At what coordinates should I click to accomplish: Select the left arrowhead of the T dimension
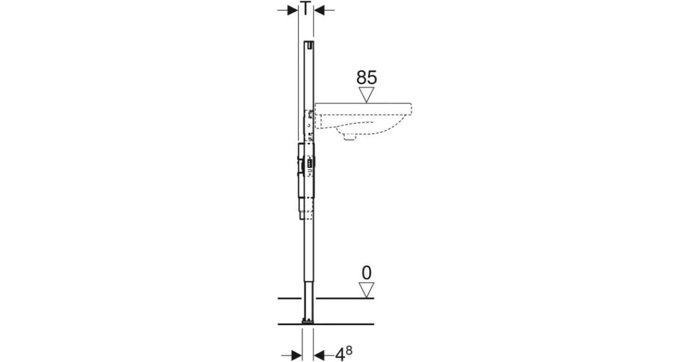coord(292,10)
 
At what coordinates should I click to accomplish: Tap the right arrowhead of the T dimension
coord(319,10)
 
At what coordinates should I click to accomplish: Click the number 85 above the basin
coord(366,78)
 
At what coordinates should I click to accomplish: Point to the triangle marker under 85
coord(366,94)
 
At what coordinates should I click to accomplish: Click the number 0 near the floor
coord(366,273)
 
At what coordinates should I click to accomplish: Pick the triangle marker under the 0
coord(366,290)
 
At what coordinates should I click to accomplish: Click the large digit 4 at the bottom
coord(339,355)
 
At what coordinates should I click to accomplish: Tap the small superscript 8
coord(349,351)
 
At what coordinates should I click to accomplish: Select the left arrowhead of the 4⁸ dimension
coord(296,355)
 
